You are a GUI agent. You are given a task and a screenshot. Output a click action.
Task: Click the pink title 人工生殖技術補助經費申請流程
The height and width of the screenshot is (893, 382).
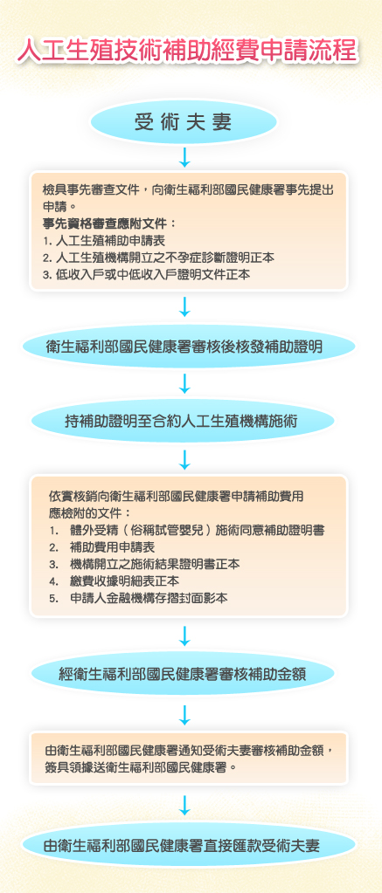tap(188, 51)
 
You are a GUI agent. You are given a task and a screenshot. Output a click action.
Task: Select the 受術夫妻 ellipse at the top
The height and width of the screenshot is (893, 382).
tap(184, 122)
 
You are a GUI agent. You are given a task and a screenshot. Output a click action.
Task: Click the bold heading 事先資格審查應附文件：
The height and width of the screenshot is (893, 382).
tap(108, 223)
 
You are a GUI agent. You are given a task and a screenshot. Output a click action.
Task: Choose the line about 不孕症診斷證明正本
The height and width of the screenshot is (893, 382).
tap(158, 258)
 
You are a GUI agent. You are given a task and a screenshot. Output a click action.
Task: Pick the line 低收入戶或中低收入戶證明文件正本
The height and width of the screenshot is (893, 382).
tap(146, 274)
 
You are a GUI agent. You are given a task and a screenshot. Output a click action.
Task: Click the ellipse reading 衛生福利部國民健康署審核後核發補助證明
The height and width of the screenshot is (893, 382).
tap(188, 346)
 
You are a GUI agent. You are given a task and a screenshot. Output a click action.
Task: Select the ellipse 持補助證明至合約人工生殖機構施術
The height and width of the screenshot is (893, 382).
tap(182, 422)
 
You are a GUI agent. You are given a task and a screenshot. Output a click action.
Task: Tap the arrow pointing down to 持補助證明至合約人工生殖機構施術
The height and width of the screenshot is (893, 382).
tap(184, 384)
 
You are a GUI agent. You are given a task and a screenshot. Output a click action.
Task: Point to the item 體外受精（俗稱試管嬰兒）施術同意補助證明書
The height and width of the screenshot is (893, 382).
tap(187, 531)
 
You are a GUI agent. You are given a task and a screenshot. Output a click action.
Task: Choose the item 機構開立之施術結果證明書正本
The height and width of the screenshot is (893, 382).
tap(144, 565)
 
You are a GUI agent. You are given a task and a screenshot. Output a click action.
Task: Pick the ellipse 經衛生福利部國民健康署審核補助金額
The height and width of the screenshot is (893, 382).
tap(183, 674)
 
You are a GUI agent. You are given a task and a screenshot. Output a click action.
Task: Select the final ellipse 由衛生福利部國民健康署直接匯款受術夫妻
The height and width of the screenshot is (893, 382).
tap(188, 846)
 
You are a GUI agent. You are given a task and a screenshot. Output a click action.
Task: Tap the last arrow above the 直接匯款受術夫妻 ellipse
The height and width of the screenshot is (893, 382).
tap(184, 806)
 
